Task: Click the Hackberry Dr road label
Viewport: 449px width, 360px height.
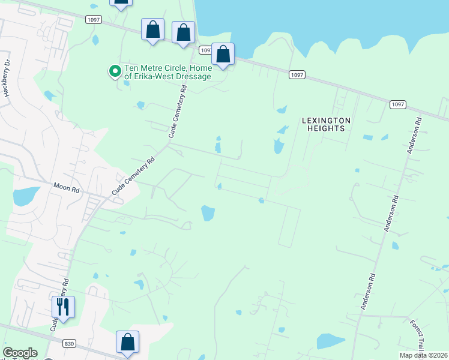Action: point(7,78)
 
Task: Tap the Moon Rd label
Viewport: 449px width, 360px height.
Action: point(66,188)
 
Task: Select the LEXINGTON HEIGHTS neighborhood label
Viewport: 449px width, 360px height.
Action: point(326,124)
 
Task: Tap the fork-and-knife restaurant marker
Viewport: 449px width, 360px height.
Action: point(63,307)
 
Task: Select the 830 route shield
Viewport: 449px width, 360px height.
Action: point(68,343)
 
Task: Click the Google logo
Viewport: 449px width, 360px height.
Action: point(20,353)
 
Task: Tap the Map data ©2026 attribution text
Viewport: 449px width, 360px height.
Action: point(423,355)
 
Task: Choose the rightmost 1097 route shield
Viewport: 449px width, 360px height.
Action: point(397,104)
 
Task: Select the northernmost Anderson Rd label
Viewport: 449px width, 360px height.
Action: point(415,136)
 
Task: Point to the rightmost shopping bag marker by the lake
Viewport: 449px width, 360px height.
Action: point(223,55)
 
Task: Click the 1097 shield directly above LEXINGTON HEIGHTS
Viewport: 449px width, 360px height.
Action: point(297,74)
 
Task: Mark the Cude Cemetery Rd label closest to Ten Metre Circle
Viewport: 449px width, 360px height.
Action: point(178,112)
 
